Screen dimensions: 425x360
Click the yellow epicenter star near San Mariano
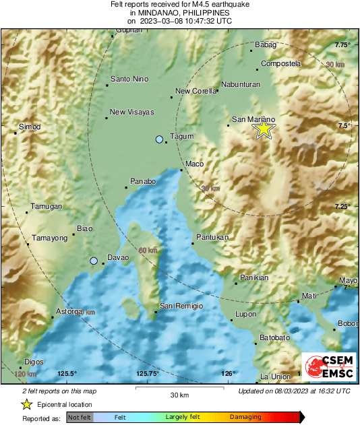pos(264,129)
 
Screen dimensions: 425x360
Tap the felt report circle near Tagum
pos(159,139)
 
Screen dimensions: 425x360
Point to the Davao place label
pos(118,258)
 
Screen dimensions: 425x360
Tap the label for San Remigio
pos(181,306)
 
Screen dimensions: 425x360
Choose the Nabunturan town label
pos(242,86)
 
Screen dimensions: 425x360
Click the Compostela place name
pos(281,63)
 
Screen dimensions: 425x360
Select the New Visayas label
pos(132,112)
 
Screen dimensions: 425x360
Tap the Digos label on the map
pos(34,362)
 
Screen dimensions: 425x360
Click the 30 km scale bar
pos(179,389)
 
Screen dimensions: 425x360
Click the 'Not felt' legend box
pos(79,418)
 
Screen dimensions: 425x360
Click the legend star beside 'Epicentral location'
pos(26,404)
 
